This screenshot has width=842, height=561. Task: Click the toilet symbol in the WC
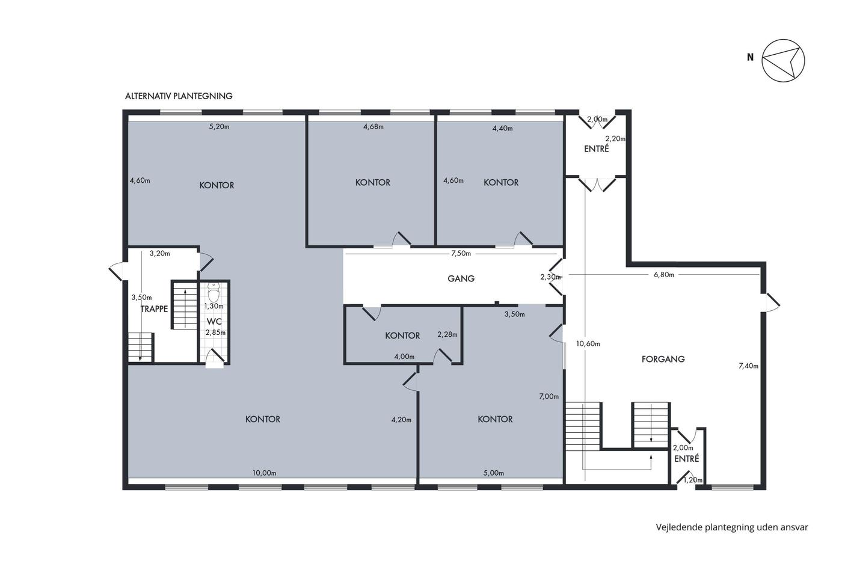(214, 292)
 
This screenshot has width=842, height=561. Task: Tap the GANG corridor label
(461, 278)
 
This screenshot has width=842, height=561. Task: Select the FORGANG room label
(663, 359)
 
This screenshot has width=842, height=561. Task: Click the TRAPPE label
(154, 309)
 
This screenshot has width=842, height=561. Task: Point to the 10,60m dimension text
(588, 343)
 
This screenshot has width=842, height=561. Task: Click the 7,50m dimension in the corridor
(461, 253)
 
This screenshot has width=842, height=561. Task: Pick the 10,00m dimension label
(264, 473)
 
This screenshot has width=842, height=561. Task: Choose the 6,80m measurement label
(664, 275)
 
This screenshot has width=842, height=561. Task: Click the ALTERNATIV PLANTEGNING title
(179, 96)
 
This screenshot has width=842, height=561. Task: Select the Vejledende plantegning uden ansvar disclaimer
(732, 527)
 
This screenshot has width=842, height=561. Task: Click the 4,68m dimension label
(373, 127)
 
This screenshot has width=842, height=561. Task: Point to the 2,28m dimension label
(447, 334)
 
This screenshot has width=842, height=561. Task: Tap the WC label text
(214, 322)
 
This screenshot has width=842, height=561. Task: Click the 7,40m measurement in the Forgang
(748, 366)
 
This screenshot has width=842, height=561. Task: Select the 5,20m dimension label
(219, 127)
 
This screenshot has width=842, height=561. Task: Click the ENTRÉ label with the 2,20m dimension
(597, 149)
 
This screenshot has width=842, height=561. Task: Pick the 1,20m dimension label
(693, 480)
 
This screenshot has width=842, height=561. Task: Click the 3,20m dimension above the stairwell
(160, 253)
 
